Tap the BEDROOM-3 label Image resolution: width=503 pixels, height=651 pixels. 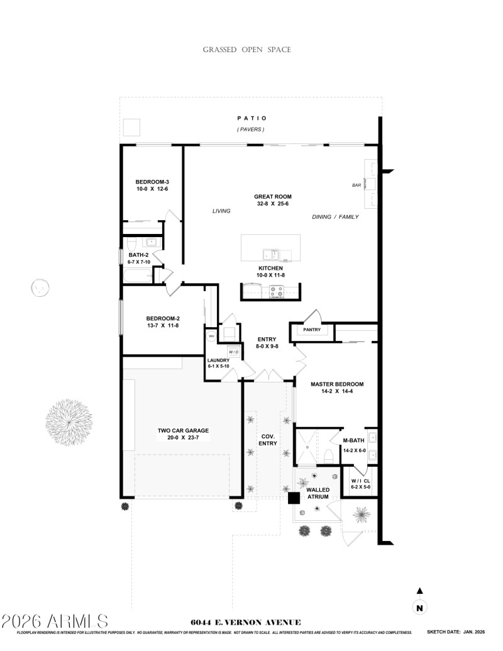point(152,182)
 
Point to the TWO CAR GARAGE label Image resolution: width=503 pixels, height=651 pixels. point(183,431)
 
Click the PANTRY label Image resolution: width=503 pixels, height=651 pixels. point(312,330)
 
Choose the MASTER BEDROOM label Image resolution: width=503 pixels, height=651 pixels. point(337,384)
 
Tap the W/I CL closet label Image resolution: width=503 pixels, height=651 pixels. point(361,481)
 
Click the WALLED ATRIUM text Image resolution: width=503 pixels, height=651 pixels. point(318,492)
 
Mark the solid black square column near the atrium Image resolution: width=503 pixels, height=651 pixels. point(294,498)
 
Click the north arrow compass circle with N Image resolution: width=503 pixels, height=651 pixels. point(420,608)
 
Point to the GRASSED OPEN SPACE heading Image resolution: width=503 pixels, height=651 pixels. point(246,50)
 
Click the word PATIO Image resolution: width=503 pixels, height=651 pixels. point(251,118)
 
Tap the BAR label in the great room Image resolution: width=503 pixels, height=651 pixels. point(357,186)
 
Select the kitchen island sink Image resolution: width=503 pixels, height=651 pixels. point(271,255)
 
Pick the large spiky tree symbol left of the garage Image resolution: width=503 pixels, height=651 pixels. point(69,418)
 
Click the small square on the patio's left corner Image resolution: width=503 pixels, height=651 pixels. point(131,128)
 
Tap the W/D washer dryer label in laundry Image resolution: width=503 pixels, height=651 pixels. point(233,352)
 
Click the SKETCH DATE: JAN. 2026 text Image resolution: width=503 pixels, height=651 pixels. point(457,632)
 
